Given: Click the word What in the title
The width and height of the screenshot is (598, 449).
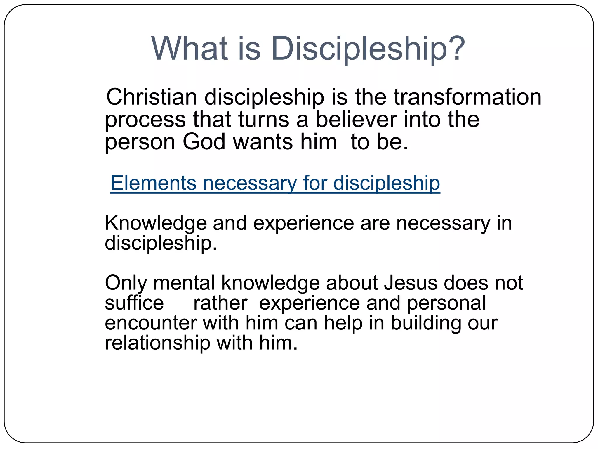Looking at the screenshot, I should (189, 48).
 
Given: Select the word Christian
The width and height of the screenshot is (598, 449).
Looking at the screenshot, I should (152, 97).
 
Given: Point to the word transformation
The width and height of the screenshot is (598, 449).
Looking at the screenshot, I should (467, 97).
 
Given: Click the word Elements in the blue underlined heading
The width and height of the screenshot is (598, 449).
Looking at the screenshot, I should (153, 183).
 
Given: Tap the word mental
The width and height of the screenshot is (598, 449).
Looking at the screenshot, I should (184, 283).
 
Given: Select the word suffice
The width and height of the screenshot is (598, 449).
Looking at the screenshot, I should (134, 303).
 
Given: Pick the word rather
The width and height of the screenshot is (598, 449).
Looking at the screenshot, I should (220, 303).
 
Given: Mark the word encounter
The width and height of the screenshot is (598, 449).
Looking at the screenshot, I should (151, 323).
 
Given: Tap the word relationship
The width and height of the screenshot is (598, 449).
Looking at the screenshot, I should (157, 343).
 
